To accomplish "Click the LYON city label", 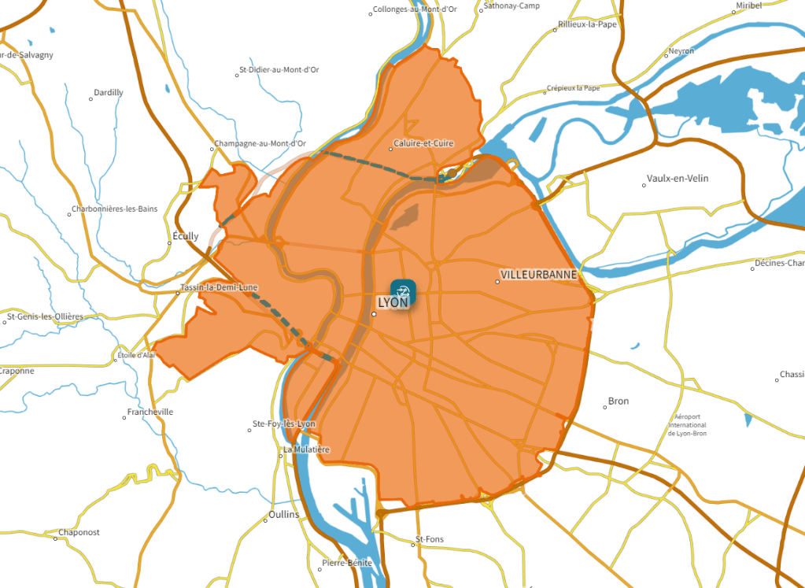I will pos(393,302).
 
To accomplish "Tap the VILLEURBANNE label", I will pos(539,275).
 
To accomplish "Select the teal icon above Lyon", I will pos(404,289).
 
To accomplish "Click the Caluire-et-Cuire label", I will pos(423,144).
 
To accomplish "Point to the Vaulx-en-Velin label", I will pos(677,179).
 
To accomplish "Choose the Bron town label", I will pos(619,401).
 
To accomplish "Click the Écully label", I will pos(185,236).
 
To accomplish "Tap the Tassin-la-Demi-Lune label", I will pos(219,288).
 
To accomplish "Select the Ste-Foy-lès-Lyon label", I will pos(284,424).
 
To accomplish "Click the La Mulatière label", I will pos(306,449).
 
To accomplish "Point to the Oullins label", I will pos(284,515).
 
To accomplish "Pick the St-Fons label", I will pos(430,540).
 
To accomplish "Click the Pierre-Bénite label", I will pos(347,564).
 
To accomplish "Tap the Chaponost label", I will pos(79,533).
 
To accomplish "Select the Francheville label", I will pos(150,412).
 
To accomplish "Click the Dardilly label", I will pos(109,93).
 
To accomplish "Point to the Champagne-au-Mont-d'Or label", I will pos(260,144).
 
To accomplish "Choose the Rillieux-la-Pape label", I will pos(587,24).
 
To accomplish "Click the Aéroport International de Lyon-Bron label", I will pos(687,425).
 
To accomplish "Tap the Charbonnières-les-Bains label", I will pos(114,209).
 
